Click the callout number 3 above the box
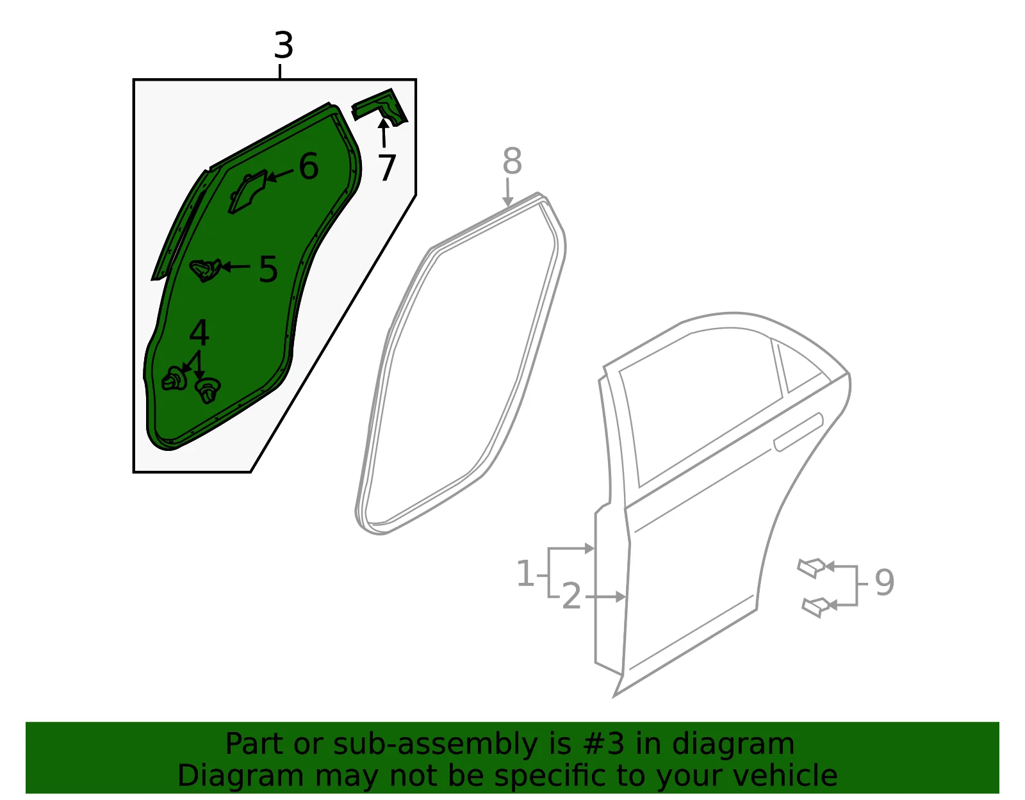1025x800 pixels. point(284,45)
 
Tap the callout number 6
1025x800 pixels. point(309,167)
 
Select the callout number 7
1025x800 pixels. point(387,168)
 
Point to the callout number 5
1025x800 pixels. point(268,269)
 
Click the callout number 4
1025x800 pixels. point(199,333)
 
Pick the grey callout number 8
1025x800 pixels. point(512,161)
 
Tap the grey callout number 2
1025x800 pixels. point(571,596)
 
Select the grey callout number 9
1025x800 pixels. point(885,583)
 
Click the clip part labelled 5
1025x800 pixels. point(205,270)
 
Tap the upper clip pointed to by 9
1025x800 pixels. point(811,567)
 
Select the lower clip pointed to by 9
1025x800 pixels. point(816,607)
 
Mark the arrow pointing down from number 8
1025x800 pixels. point(507,192)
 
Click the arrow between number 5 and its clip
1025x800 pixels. point(235,267)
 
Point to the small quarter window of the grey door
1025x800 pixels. point(796,366)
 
